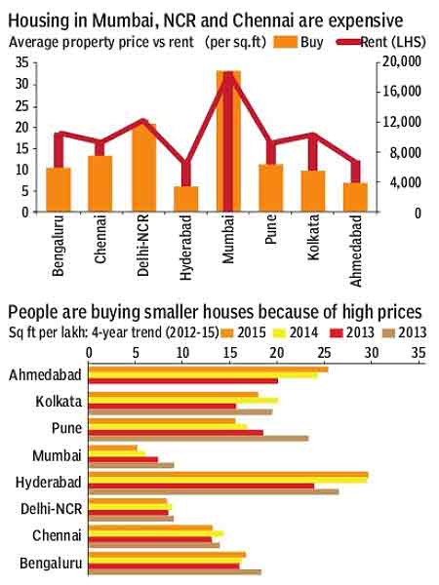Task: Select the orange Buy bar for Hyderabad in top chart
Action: (186, 199)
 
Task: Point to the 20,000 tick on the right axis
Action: (403, 60)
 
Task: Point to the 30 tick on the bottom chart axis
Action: (370, 350)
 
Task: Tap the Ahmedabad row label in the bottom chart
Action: (45, 374)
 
